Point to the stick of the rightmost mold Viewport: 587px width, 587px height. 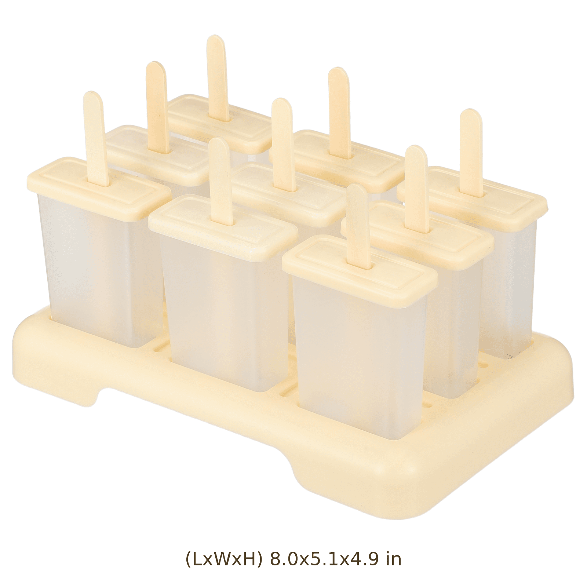coord(471,152)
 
